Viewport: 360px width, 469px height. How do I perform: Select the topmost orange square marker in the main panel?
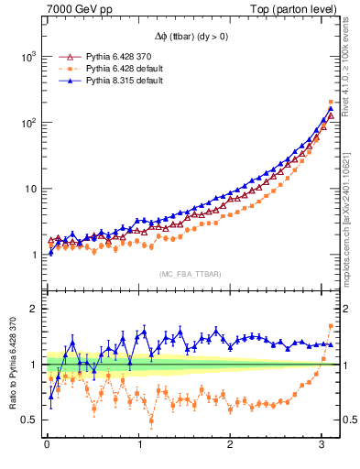point(331,102)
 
